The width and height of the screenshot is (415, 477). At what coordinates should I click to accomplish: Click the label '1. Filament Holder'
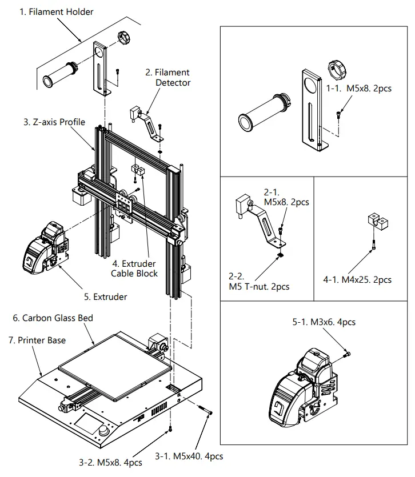pos(57,11)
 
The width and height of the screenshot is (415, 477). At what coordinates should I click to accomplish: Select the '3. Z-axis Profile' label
pos(54,122)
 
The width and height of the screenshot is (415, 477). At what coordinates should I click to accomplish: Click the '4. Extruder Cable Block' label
pos(135,268)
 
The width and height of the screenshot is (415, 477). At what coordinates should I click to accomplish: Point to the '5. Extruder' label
pos(106,296)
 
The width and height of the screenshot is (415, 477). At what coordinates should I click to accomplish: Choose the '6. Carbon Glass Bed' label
pos(53,318)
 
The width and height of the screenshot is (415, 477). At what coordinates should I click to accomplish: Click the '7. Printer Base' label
pos(37,340)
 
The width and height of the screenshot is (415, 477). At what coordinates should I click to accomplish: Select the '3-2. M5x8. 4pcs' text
pos(110,462)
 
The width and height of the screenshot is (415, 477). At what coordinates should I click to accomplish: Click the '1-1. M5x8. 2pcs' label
pos(358,89)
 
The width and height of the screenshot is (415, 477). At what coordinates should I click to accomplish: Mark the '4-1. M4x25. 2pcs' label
pos(358,279)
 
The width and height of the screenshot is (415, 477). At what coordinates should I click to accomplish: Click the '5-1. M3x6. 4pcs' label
pos(324,322)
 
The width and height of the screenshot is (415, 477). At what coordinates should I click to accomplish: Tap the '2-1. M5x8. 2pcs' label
pos(286,197)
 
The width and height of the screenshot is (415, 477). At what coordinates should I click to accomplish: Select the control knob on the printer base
pos(104,431)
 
